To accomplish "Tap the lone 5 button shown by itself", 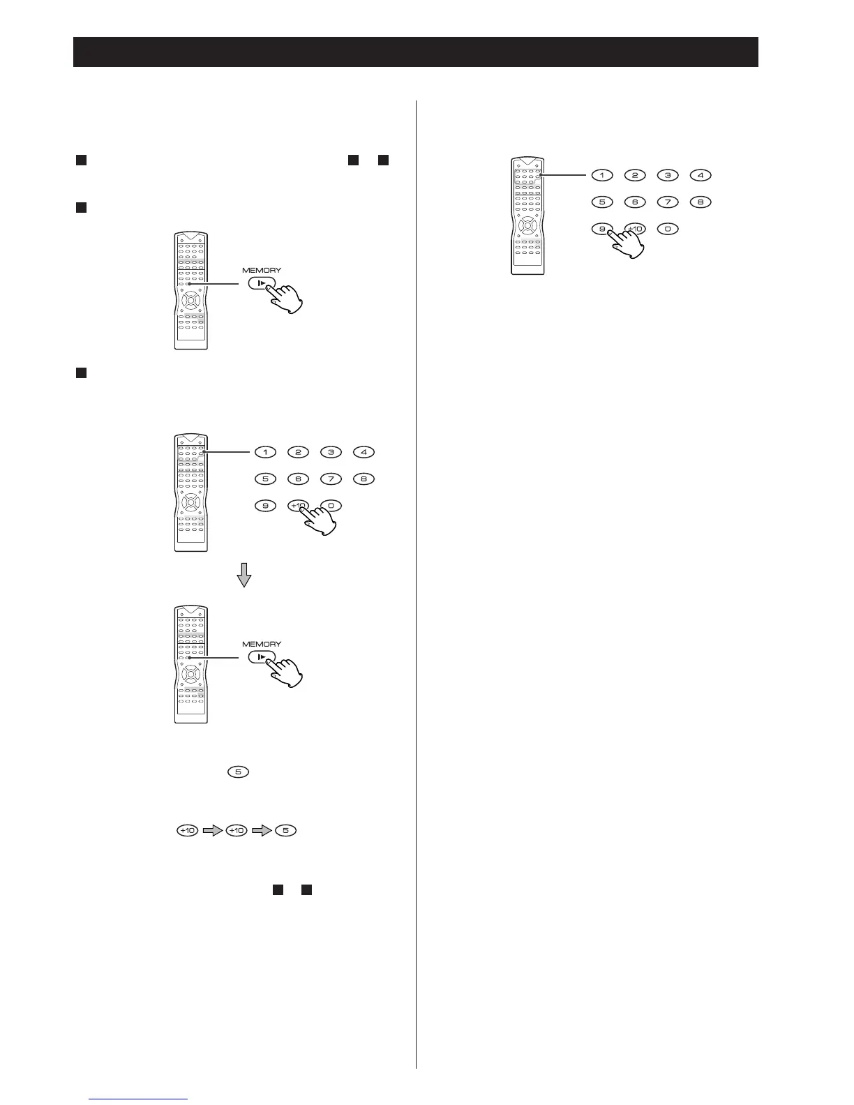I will pyautogui.click(x=238, y=772).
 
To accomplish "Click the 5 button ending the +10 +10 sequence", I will pyautogui.click(x=285, y=831).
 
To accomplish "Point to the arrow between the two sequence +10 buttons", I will pyautogui.click(x=212, y=831).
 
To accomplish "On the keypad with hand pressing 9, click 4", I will pyautogui.click(x=701, y=175).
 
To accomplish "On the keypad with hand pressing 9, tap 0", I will pyautogui.click(x=668, y=229).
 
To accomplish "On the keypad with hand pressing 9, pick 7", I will pyautogui.click(x=668, y=202).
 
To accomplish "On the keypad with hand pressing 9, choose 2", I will pyautogui.click(x=635, y=175).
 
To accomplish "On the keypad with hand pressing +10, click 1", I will pyautogui.click(x=265, y=452).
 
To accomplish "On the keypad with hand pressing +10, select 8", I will pyautogui.click(x=364, y=479).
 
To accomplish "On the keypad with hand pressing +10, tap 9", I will pyautogui.click(x=265, y=506).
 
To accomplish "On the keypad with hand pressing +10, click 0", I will pyautogui.click(x=331, y=506).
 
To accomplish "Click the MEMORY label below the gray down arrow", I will pyautogui.click(x=262, y=644).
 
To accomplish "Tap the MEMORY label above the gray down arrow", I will pyautogui.click(x=262, y=270).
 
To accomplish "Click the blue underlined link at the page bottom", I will pyautogui.click(x=139, y=1100).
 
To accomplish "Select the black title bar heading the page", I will pyautogui.click(x=416, y=52).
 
